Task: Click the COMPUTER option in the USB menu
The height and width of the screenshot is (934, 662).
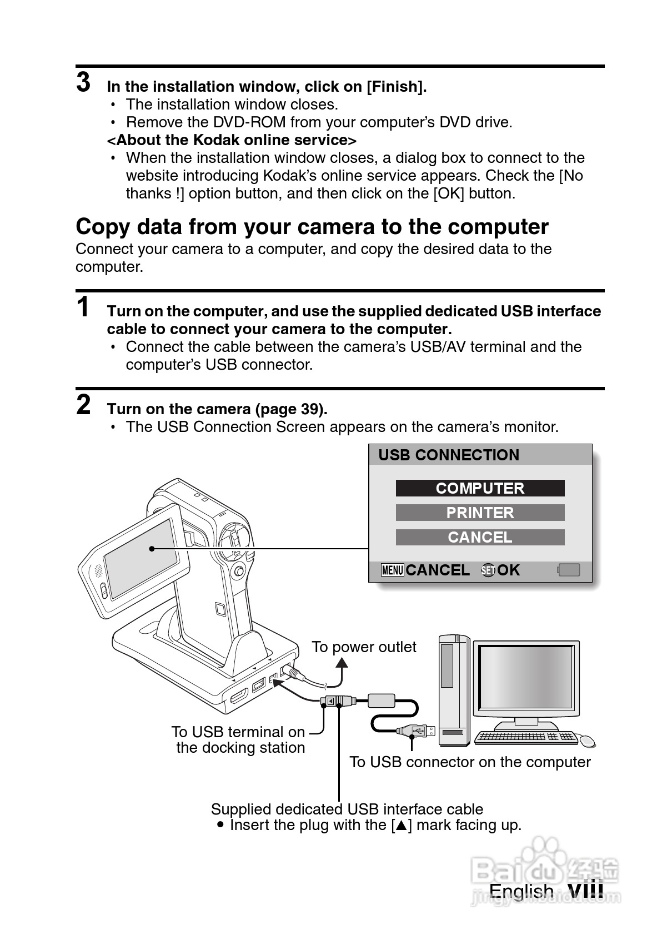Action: point(480,488)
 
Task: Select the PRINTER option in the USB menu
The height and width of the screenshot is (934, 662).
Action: point(480,513)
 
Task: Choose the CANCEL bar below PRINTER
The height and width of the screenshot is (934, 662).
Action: point(480,537)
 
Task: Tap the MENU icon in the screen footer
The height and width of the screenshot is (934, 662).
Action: point(393,570)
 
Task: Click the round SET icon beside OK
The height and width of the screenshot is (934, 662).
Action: point(488,570)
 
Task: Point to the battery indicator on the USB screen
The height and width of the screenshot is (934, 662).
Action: point(569,570)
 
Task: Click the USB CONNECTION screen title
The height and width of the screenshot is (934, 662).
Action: point(449,455)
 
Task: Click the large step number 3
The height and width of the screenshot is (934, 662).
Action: point(83,82)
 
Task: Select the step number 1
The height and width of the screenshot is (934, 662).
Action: point(83,307)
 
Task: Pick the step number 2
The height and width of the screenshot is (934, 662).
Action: point(83,405)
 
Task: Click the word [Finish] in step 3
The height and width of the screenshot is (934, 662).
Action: point(396,87)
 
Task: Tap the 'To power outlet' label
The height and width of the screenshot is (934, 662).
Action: point(364,647)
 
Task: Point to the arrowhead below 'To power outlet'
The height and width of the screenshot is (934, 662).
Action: point(342,663)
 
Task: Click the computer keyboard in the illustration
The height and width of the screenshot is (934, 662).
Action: point(525,737)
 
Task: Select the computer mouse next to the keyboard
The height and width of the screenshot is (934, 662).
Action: point(586,740)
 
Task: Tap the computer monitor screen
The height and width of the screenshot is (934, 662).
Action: point(525,678)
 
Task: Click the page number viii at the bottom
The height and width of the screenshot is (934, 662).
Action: point(585,890)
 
